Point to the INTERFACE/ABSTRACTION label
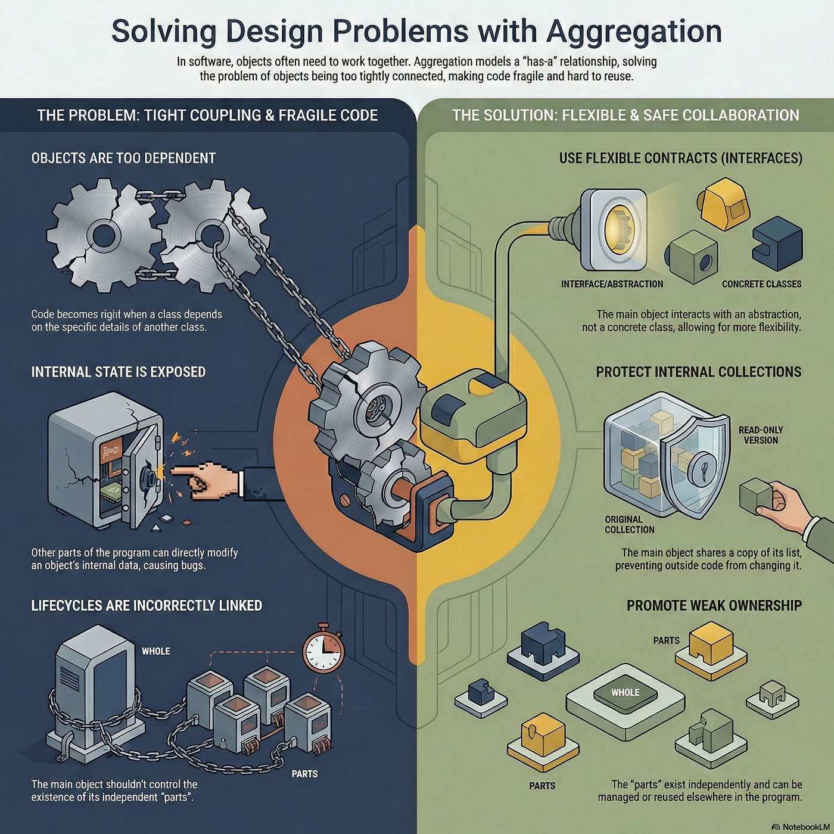pos(612,284)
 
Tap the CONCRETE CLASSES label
pos(762,284)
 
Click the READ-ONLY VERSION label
pos(761,435)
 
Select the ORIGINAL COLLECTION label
pos(629,524)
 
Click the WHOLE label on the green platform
pos(625,692)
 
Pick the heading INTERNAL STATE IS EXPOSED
pos(118,372)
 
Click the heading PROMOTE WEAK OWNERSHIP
pos(714,605)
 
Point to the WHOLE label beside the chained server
pos(156,651)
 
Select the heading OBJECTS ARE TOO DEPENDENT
pos(123,158)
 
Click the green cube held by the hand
pos(755,494)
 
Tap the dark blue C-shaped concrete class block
pos(777,247)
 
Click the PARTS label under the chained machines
pos(304,774)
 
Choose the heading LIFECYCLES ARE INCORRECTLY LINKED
pos(147,605)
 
